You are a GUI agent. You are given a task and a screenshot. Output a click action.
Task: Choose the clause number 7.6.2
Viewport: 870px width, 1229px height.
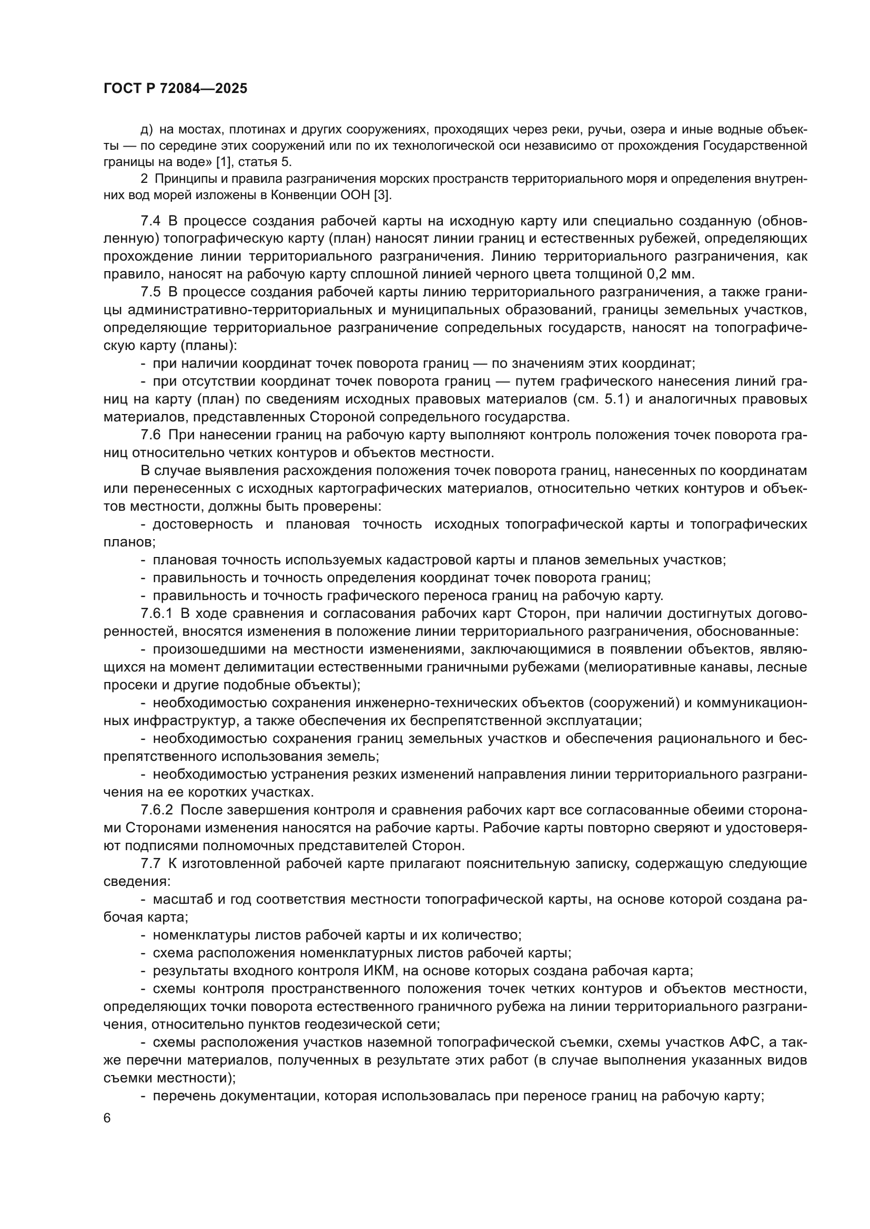click(x=156, y=810)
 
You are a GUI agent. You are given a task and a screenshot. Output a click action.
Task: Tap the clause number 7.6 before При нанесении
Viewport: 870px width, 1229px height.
click(x=150, y=435)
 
